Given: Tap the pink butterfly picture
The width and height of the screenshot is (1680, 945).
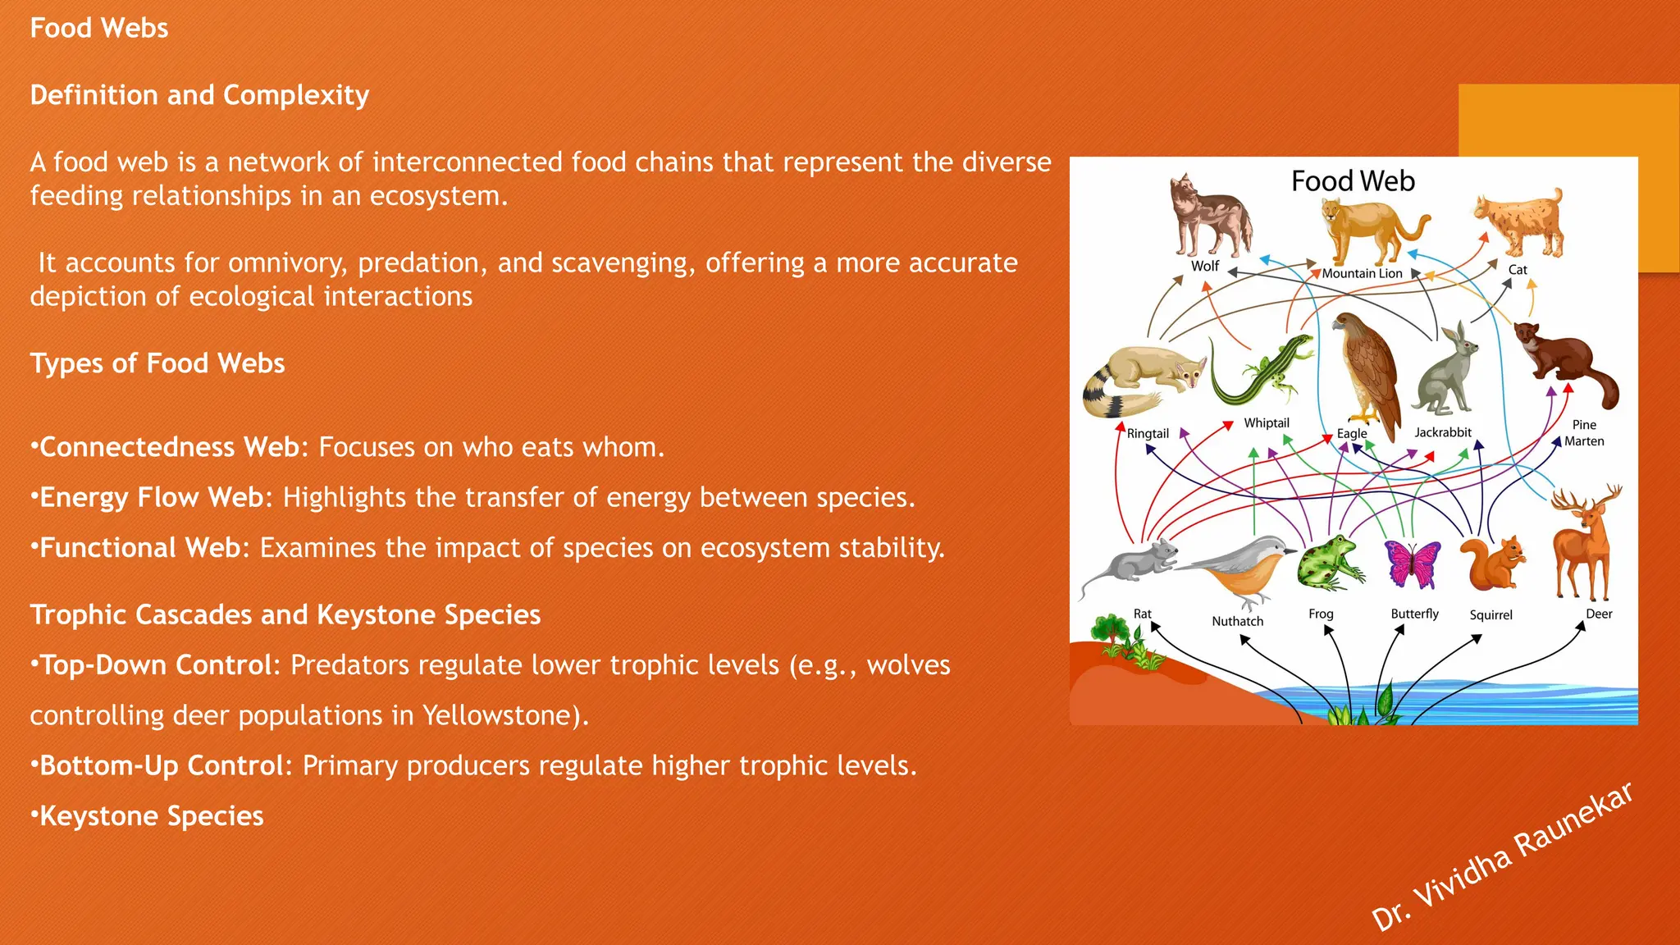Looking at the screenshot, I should coord(1413,564).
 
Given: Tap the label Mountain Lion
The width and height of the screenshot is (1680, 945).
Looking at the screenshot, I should coord(1362,273).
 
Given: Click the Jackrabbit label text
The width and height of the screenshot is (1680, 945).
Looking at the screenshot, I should coord(1442,432).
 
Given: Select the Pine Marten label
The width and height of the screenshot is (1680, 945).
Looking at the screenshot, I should coord(1583,433).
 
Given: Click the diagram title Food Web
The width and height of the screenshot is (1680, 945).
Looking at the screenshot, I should coord(1353,181).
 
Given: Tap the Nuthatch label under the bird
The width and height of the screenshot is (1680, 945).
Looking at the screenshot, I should coord(1237,621).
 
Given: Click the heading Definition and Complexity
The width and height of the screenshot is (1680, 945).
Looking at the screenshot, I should coord(199,95).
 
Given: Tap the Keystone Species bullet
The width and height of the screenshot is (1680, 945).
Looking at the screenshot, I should coord(151,816).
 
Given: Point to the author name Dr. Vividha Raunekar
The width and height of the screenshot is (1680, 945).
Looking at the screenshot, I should coord(1501,857).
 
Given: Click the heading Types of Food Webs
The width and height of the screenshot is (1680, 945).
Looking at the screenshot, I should coord(157,363).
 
